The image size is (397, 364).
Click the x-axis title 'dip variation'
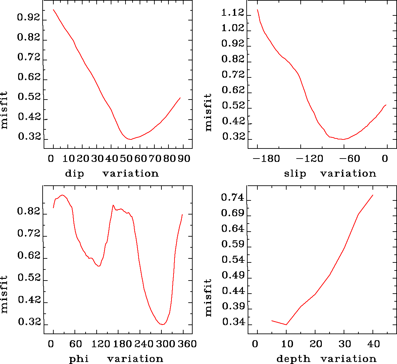112,173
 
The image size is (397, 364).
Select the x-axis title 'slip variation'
330,173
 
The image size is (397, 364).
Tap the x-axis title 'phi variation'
116,359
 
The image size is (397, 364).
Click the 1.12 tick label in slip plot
233,13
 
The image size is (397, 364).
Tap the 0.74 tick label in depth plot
233,198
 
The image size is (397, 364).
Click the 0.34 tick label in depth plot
233,322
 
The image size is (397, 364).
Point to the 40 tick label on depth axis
373,344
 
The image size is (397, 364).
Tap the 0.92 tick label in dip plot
29,17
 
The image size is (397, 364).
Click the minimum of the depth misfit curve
286,324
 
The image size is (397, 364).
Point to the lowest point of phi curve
162,324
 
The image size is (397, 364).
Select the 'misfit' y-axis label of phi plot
4,294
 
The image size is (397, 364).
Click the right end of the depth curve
373,195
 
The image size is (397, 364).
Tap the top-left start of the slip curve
257,10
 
